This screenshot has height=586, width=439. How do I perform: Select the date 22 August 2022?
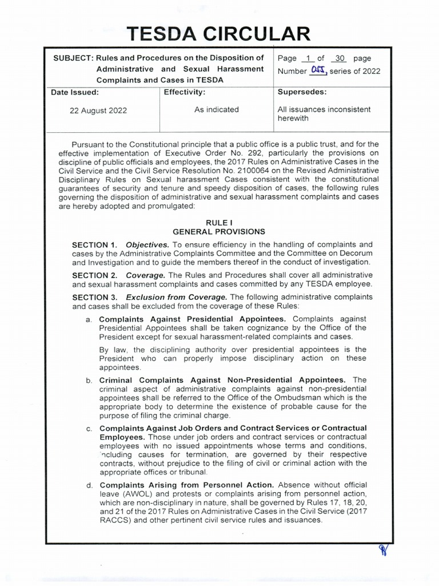(98, 110)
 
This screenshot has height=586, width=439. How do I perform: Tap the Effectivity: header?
(184, 92)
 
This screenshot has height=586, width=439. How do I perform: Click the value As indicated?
(216, 109)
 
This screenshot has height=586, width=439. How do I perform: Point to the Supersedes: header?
(302, 92)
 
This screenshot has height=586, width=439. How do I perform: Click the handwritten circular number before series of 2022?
(317, 70)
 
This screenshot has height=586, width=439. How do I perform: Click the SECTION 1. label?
(94, 245)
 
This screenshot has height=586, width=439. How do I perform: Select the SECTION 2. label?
(94, 275)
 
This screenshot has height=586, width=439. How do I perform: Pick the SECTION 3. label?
(94, 297)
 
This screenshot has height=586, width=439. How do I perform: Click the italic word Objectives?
(147, 245)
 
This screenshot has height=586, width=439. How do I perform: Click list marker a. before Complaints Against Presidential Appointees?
(89, 319)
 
